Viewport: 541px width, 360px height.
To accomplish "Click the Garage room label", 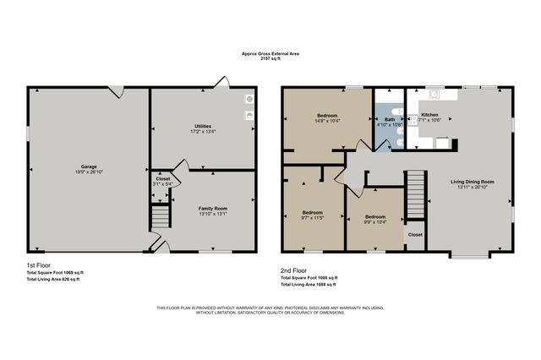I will [88, 169].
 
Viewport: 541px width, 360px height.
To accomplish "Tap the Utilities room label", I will [203, 126].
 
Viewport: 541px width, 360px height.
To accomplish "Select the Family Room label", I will [213, 208].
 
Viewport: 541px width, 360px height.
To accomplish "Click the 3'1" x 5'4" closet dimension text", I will [162, 184].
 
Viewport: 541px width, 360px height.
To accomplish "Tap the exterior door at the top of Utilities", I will [221, 83].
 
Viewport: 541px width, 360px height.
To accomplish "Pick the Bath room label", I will [390, 119].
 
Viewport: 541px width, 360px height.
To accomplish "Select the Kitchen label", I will [430, 114].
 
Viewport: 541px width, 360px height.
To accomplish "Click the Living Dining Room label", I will [472, 182].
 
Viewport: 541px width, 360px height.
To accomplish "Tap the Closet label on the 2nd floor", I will [415, 234].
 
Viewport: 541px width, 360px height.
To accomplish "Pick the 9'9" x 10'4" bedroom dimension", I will [375, 222].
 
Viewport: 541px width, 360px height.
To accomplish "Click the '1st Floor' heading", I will [40, 265].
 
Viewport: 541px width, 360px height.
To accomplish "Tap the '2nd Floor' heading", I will [294, 270].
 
